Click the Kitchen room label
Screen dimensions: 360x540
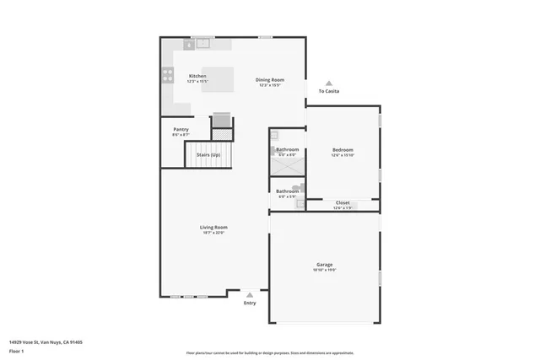pos(197,76)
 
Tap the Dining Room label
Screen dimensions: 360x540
pos(270,80)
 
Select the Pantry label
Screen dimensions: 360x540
pos(181,130)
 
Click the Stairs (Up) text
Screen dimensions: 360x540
pos(208,155)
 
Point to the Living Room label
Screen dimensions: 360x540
pos(213,227)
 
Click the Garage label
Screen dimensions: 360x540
pos(325,265)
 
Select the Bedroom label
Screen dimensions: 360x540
pos(343,150)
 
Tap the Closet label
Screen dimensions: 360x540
pos(343,202)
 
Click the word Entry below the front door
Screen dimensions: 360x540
pos(250,304)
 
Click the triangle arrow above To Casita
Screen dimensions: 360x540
pos(329,83)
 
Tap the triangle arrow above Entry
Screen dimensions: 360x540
pos(250,295)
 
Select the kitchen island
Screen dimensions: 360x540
pos(217,80)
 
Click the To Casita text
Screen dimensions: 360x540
pos(329,92)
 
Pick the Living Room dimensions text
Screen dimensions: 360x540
pos(213,233)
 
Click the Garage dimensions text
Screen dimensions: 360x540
pos(325,271)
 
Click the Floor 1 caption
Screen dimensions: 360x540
pos(16,350)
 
